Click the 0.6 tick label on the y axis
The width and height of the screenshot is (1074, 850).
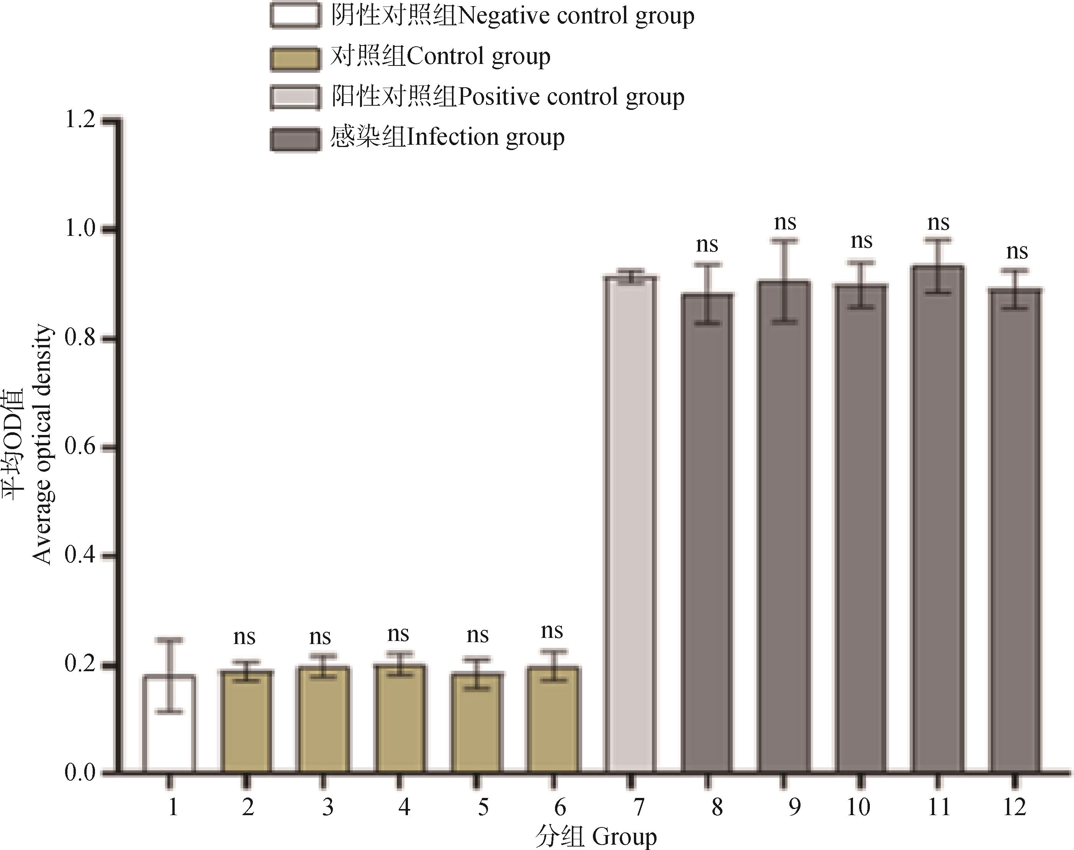[80, 447]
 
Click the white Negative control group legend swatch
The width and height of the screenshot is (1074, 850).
[295, 15]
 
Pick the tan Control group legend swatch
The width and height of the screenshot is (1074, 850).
[295, 58]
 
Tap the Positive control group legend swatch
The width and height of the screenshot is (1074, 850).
[295, 98]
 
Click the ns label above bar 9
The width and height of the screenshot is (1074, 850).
[785, 223]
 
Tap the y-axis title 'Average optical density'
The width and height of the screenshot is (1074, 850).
[42, 445]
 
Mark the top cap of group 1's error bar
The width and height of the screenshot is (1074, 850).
[169, 640]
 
